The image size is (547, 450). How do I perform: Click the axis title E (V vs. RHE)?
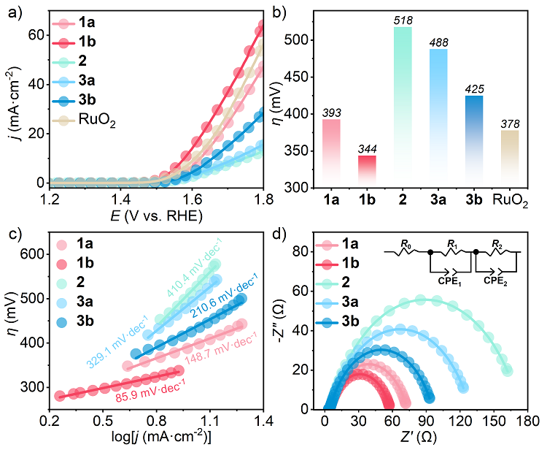click(x=155, y=216)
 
